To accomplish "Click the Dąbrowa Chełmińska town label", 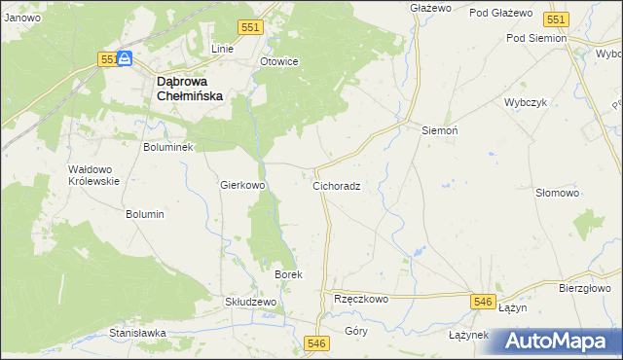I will coord(190,90).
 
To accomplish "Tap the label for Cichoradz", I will coord(337,185).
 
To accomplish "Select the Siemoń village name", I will coord(439,129).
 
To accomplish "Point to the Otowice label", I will coord(278,61).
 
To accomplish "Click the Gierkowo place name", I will coord(243,185).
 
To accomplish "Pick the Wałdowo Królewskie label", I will coord(93,175).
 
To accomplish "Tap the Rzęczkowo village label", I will coord(361,300).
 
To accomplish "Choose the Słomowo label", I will coord(558,193).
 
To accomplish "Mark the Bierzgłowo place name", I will coord(584,288).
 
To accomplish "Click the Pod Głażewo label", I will coord(500,13).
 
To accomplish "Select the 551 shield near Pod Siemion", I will coord(556,19).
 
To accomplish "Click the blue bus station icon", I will coord(126,59).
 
